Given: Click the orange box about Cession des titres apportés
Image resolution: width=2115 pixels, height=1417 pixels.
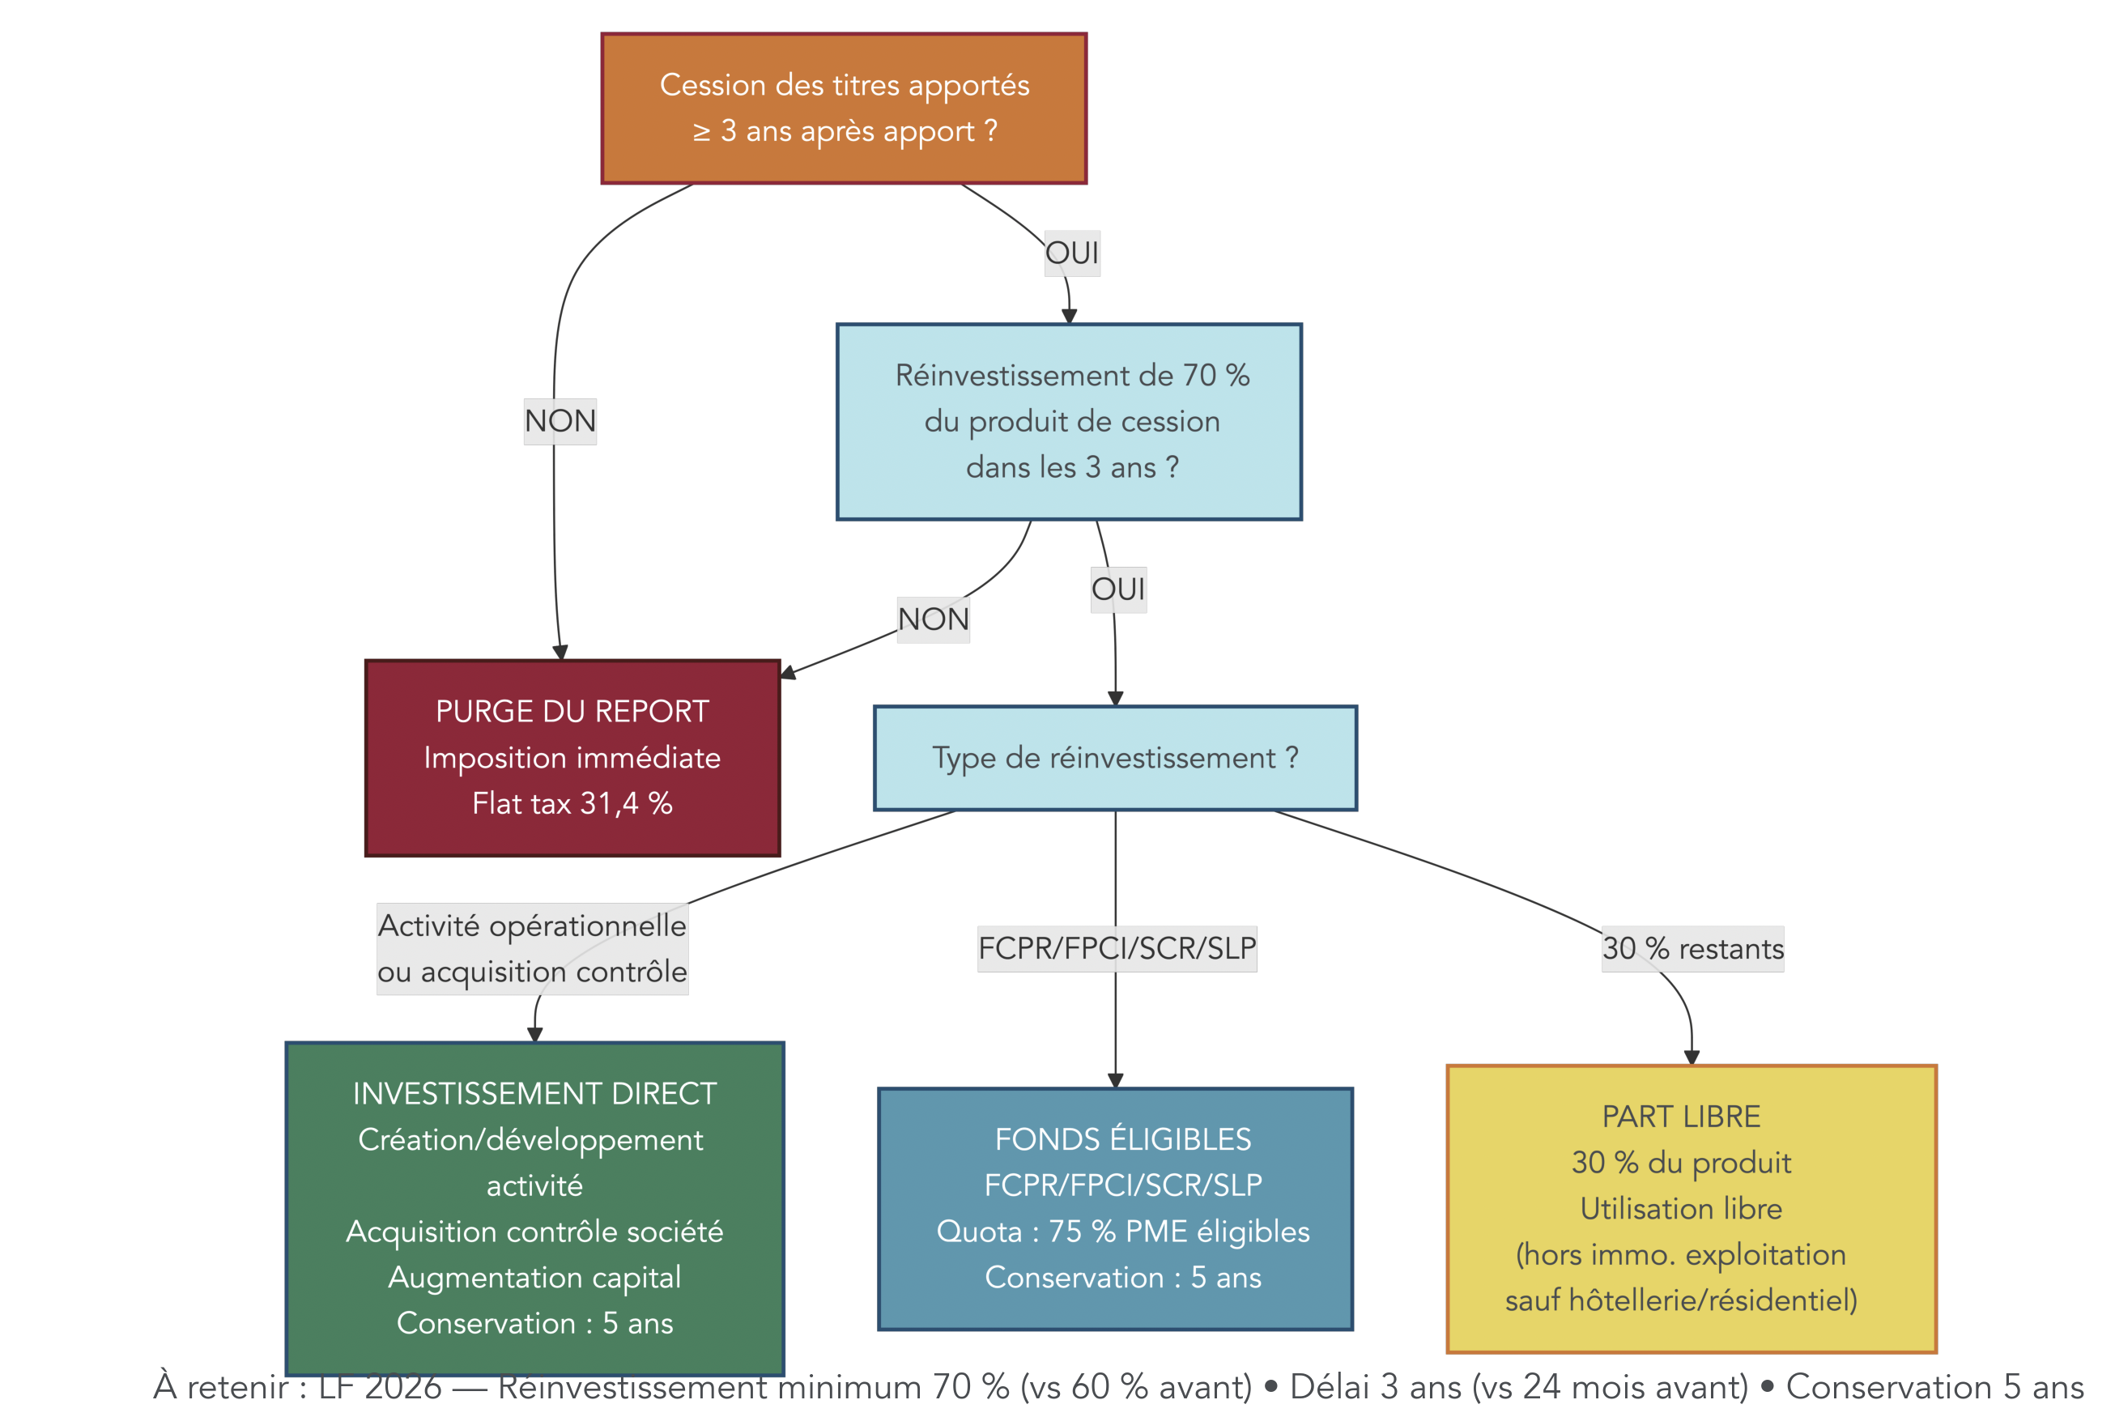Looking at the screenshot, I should [x=843, y=109].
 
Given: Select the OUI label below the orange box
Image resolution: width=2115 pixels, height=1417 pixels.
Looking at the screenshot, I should [x=1071, y=253].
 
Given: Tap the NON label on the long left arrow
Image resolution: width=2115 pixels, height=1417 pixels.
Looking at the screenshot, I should [x=560, y=421].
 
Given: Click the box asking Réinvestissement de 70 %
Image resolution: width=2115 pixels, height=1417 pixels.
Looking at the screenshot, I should [x=1069, y=421].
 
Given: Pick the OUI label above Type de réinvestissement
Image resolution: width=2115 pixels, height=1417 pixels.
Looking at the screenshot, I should [x=1117, y=589].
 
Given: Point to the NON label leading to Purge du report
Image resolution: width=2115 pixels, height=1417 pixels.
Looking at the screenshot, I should [x=932, y=620].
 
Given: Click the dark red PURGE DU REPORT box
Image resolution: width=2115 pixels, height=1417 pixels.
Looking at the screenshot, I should [x=572, y=757].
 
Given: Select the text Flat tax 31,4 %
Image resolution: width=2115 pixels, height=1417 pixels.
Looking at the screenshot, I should [x=572, y=803].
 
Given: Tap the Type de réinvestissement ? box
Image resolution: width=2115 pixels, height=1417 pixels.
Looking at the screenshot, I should [x=1114, y=758].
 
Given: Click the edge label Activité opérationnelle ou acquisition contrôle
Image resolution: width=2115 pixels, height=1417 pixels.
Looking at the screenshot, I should [x=532, y=949].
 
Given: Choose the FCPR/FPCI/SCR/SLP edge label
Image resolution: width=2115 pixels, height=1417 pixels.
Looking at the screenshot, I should [x=1117, y=949].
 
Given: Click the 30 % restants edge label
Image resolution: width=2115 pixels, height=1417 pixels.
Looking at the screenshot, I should [x=1692, y=949].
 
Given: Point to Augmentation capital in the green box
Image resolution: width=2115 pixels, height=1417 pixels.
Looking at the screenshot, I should [x=534, y=1278].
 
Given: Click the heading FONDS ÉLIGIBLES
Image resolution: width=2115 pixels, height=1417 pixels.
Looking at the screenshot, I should [x=1122, y=1139].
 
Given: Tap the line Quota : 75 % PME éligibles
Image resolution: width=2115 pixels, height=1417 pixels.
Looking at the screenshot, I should [x=1122, y=1232].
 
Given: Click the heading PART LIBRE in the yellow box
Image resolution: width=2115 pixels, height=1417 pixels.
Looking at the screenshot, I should [x=1680, y=1117].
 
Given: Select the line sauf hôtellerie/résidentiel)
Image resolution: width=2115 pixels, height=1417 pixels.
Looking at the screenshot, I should [x=1680, y=1300].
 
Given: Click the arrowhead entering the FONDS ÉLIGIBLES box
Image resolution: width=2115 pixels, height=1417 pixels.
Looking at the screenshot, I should [x=1115, y=1081].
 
